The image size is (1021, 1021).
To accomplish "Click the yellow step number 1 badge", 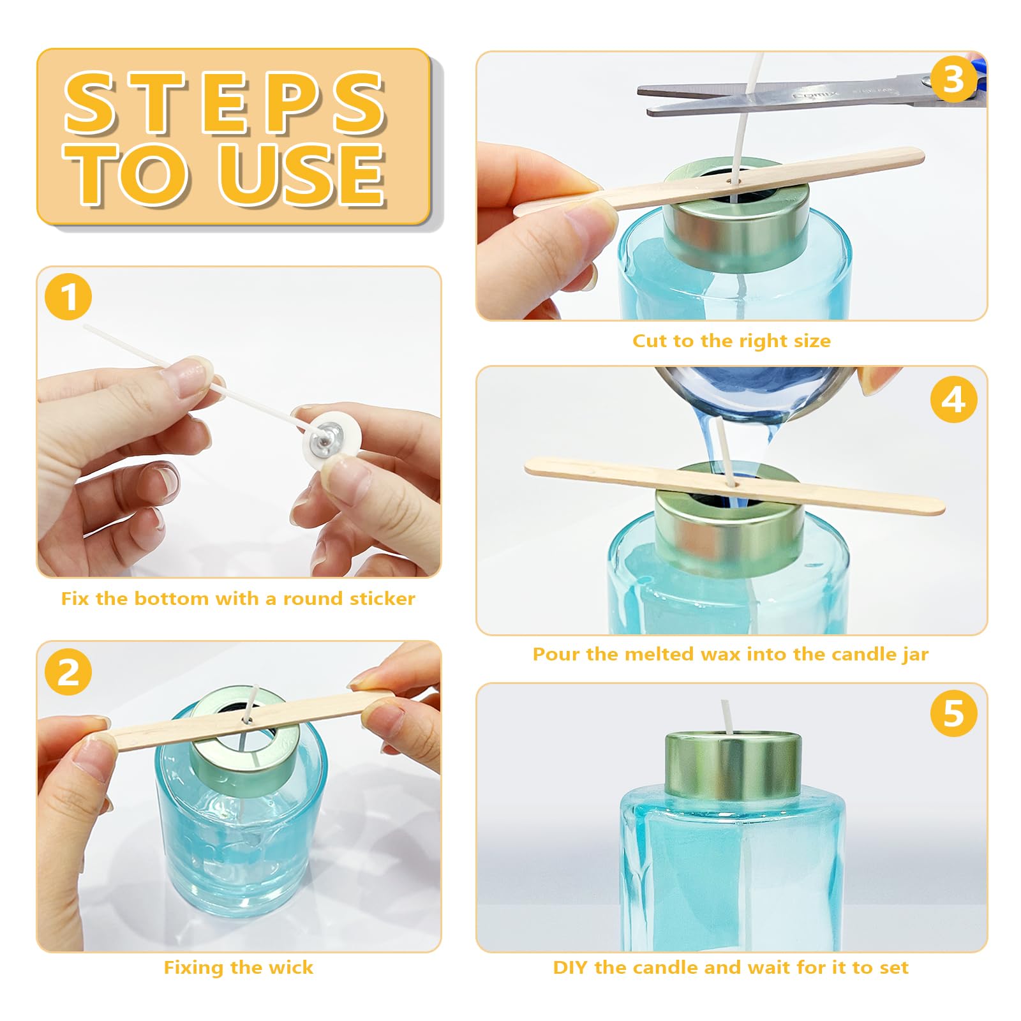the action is [68, 297].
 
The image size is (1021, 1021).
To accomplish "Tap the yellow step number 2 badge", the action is [68, 672].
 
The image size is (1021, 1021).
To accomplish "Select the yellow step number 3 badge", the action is [953, 80].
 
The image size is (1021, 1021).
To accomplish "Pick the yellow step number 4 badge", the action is [953, 399].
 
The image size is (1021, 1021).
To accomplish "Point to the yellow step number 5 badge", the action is [953, 713].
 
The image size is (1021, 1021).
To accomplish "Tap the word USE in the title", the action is [302, 173].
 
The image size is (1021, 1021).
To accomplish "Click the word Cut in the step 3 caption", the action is [648, 341].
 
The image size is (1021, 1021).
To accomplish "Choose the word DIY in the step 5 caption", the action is [570, 967].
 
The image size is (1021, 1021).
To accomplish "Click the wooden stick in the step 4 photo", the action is [734, 485].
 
